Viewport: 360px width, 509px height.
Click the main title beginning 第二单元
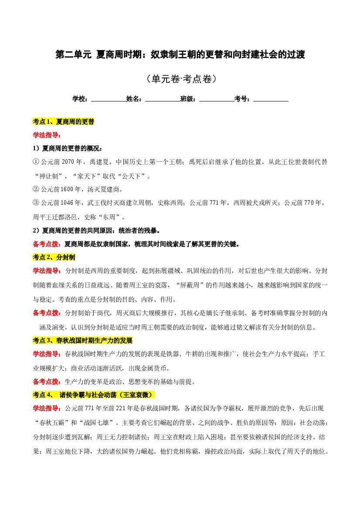180,54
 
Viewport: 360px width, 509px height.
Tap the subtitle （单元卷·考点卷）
180,79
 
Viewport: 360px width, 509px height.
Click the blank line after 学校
108,99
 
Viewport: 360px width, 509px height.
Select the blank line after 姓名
162,99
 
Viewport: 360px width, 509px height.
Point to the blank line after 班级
217,99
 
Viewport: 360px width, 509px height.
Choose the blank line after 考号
271,99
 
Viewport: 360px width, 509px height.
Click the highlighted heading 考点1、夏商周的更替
64,121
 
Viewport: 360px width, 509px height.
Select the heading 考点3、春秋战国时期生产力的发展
82,340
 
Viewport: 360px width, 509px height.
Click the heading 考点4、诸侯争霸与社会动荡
94,395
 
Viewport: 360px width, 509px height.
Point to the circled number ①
36,162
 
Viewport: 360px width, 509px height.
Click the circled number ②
36,189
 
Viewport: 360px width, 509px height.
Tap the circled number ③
36,203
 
